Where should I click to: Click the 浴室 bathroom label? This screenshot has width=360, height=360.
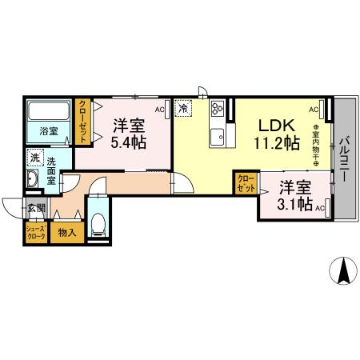[x=48, y=131]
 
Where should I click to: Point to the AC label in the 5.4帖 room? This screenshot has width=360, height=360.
[x=159, y=110]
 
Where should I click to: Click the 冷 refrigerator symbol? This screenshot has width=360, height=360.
[x=184, y=107]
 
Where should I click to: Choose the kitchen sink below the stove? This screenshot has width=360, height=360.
[x=217, y=138]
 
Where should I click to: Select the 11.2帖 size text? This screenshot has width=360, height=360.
[x=276, y=144]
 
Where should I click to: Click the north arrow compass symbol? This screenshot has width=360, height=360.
[x=344, y=271]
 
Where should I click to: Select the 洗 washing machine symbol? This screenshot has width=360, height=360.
[x=34, y=158]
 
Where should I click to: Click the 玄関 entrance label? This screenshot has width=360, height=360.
[x=36, y=210]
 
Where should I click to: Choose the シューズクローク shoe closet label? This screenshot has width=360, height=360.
[x=34, y=234]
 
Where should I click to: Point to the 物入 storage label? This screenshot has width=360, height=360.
[x=66, y=233]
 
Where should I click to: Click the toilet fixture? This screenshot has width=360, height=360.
[x=99, y=224]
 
